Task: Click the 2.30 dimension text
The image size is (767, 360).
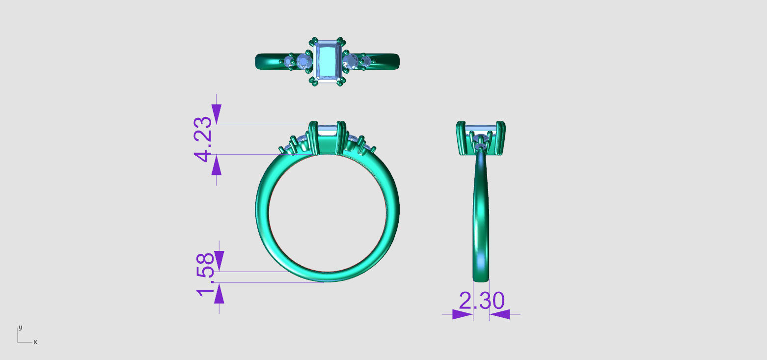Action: (481, 301)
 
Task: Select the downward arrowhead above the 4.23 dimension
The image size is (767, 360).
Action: (217, 116)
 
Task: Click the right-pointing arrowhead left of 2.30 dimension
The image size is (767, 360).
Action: (462, 314)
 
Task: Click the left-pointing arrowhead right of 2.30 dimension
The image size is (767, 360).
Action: (500, 314)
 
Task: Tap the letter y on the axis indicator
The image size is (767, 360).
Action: (20, 327)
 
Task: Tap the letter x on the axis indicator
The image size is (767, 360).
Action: (35, 342)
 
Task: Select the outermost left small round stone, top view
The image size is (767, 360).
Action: (288, 61)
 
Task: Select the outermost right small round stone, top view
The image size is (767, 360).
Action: (365, 61)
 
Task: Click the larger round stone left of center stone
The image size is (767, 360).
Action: (304, 61)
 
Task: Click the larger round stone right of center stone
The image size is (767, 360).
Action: (350, 61)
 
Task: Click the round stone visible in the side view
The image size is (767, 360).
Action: (481, 145)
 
